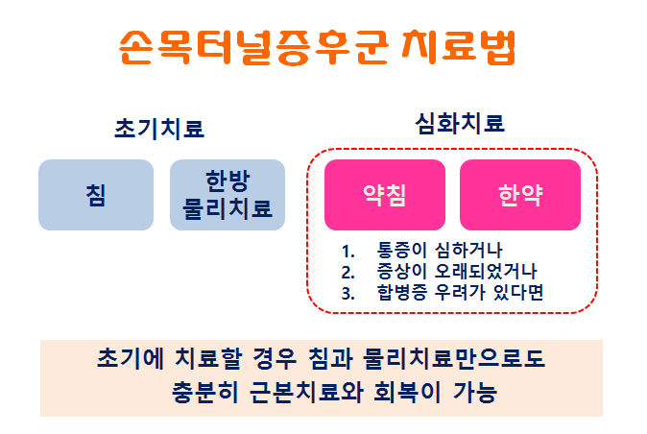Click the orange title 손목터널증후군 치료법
pyautogui.click(x=318, y=47)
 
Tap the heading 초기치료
pyautogui.click(x=159, y=128)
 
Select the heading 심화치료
pyautogui.click(x=460, y=123)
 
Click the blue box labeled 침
pyautogui.click(x=96, y=195)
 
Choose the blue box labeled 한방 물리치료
pyautogui.click(x=228, y=195)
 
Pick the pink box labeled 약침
pyautogui.click(x=385, y=195)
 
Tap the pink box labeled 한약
pyautogui.click(x=520, y=195)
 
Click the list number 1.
pyautogui.click(x=347, y=252)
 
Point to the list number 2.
pyautogui.click(x=347, y=273)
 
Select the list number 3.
pyautogui.click(x=347, y=294)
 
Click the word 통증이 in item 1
pyautogui.click(x=401, y=250)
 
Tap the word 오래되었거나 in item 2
pyautogui.click(x=486, y=271)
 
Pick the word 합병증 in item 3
pyautogui.click(x=402, y=293)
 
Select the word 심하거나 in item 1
pyautogui.click(x=468, y=250)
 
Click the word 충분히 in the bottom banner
pyautogui.click(x=204, y=392)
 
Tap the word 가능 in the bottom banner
pyautogui.click(x=474, y=392)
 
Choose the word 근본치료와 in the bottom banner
pyautogui.click(x=306, y=392)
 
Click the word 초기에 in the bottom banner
pyautogui.click(x=131, y=358)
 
